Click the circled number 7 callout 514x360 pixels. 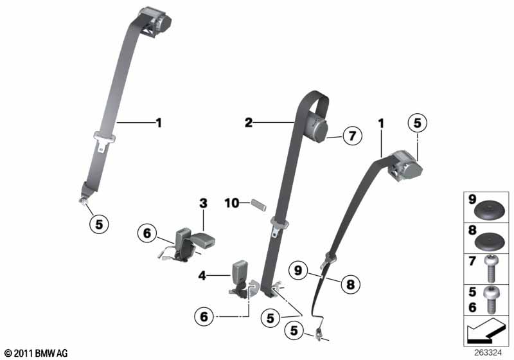(353, 136)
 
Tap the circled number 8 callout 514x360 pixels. (350, 284)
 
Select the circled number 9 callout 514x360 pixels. (298, 271)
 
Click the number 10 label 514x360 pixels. (232, 203)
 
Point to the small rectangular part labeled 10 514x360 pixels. (259, 204)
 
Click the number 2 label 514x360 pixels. (249, 123)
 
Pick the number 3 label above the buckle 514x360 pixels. (203, 203)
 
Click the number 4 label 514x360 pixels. (202, 276)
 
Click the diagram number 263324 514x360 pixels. (488, 353)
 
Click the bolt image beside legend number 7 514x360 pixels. (491, 269)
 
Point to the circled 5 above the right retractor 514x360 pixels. (417, 123)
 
